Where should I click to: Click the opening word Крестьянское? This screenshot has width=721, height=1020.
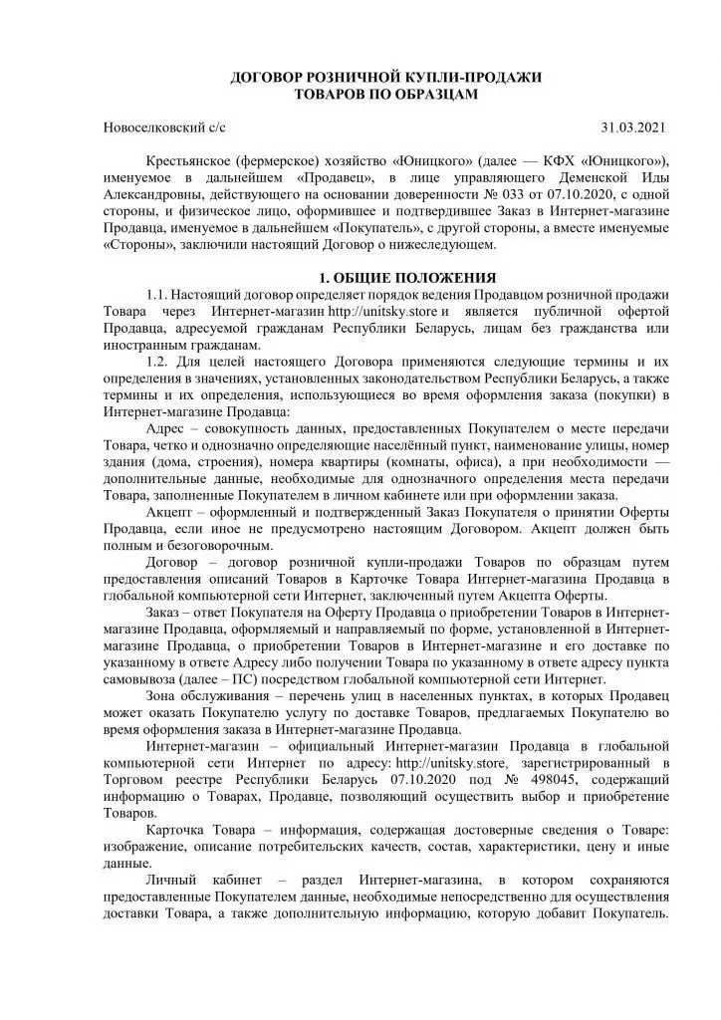coord(192,159)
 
